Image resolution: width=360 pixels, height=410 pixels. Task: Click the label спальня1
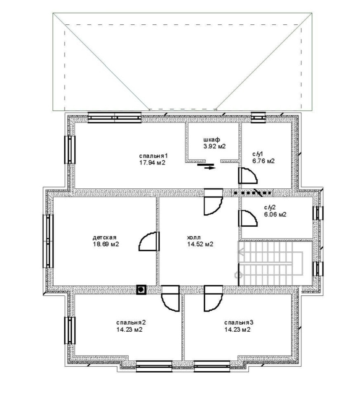click(153, 156)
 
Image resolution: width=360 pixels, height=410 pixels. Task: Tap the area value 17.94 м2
click(153, 163)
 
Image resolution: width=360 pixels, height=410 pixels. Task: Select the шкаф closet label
click(212, 139)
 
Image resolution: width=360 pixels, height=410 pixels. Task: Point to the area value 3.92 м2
click(214, 146)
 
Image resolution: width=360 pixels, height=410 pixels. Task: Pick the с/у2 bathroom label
click(270, 208)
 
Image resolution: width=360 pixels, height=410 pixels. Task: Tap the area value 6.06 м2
click(275, 214)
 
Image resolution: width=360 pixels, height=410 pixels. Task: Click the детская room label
click(104, 237)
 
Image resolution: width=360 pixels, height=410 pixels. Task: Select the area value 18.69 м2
click(106, 244)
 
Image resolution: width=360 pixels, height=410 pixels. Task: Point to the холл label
click(194, 237)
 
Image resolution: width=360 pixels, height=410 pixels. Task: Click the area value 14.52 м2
click(200, 244)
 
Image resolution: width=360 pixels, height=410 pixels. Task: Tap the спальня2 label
click(131, 322)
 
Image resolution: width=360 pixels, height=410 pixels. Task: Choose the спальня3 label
click(239, 322)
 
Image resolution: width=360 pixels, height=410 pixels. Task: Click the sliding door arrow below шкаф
click(210, 168)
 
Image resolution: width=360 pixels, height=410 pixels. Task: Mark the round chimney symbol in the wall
click(141, 289)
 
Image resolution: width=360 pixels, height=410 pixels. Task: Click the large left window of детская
click(48, 241)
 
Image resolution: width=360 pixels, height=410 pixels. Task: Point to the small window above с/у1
click(258, 117)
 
